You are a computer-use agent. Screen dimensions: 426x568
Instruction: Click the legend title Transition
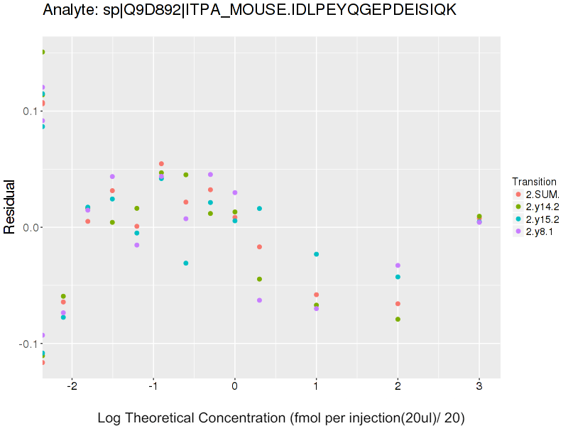coord(534,182)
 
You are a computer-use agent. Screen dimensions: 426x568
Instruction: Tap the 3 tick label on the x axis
coord(479,386)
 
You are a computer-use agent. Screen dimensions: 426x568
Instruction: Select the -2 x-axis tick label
coord(71,386)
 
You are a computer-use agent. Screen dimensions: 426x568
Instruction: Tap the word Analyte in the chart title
coord(67,10)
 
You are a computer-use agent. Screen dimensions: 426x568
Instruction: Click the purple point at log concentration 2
coord(398,266)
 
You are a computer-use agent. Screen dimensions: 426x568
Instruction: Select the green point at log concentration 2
coord(398,319)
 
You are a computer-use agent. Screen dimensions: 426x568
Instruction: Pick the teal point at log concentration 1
coord(316,254)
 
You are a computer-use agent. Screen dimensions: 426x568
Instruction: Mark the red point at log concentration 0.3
coord(259,247)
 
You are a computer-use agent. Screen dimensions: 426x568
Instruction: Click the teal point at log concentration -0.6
coord(186,263)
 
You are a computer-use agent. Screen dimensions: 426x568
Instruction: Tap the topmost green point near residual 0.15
coord(43,52)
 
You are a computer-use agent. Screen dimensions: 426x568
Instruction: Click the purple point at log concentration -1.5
coord(112,177)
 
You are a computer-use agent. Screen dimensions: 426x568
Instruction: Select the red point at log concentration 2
coord(398,304)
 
